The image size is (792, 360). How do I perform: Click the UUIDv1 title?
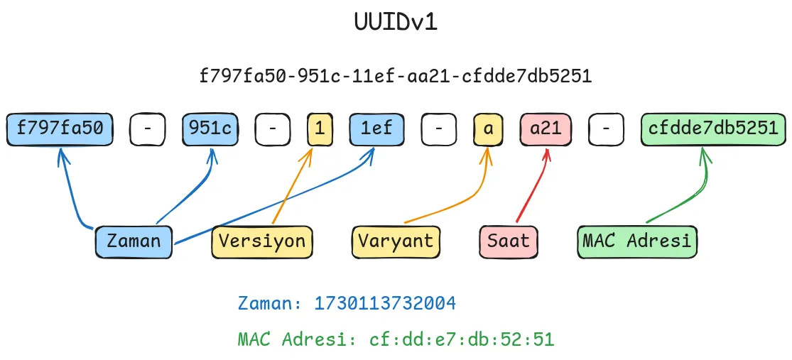(396, 22)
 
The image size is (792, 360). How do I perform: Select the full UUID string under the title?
(396, 76)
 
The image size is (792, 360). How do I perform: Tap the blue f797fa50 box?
(60, 129)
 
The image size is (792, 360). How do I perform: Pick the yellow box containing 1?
(320, 129)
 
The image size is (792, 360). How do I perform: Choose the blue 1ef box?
(376, 129)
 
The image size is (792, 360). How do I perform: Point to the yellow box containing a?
(488, 129)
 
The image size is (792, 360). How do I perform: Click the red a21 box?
(546, 129)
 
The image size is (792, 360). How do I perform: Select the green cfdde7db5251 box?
(714, 129)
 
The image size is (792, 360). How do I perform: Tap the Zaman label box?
(134, 241)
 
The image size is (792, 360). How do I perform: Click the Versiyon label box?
(262, 241)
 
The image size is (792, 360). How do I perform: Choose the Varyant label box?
(396, 241)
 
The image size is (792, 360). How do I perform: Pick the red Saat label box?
(508, 241)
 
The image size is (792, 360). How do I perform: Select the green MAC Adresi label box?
(637, 241)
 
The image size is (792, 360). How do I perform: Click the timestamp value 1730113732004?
(385, 304)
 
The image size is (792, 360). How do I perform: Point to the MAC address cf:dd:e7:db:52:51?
(461, 339)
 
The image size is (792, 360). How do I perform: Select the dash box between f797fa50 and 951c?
(148, 129)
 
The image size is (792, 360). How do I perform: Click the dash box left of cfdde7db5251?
(606, 129)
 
